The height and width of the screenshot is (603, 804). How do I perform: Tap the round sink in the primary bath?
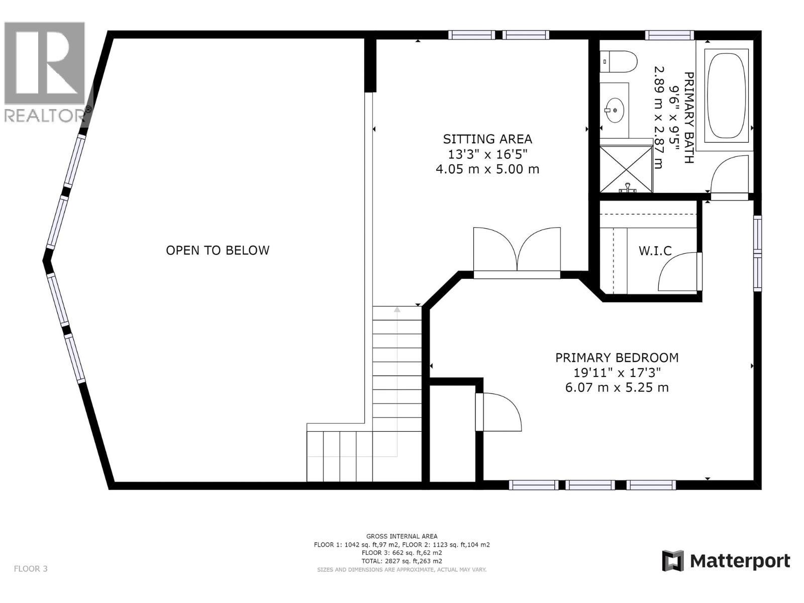pyautogui.click(x=614, y=109)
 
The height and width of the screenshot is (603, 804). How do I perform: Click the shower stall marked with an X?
pyautogui.click(x=626, y=168)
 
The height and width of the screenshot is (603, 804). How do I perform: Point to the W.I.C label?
pyautogui.click(x=655, y=251)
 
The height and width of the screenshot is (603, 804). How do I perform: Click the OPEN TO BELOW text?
pyautogui.click(x=218, y=250)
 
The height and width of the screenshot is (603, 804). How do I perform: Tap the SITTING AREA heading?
pyautogui.click(x=487, y=139)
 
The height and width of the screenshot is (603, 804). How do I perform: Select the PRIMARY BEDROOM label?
pyautogui.click(x=617, y=358)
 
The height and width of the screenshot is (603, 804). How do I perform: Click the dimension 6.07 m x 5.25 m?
pyautogui.click(x=617, y=387)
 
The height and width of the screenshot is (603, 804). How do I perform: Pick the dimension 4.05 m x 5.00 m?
pyautogui.click(x=487, y=169)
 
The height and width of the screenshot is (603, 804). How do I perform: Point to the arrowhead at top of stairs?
pyautogui.click(x=397, y=310)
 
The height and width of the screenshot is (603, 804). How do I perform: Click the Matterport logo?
pyautogui.click(x=726, y=561)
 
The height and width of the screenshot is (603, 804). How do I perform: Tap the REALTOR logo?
pyautogui.click(x=45, y=73)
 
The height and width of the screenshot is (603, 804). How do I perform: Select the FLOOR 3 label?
pyautogui.click(x=31, y=569)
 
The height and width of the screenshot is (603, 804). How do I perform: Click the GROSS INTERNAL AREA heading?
pyautogui.click(x=401, y=536)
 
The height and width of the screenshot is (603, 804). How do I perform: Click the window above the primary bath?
pyautogui.click(x=669, y=35)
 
